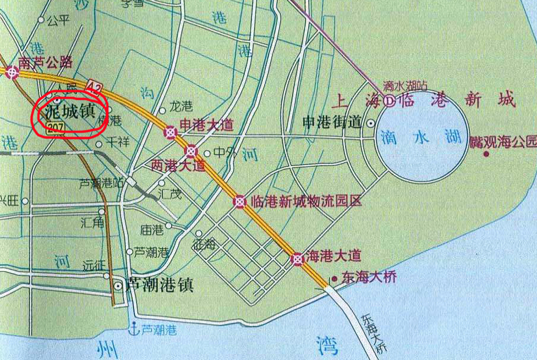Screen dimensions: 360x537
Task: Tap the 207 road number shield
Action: click(x=55, y=127)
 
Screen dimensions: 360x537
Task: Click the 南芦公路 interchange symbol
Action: click(x=12, y=72)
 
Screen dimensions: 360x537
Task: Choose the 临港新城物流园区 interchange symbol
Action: click(x=240, y=202)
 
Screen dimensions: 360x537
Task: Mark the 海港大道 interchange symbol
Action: click(x=296, y=259)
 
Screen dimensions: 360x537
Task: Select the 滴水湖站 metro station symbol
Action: click(x=389, y=99)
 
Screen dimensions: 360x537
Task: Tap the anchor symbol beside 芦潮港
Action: click(x=135, y=326)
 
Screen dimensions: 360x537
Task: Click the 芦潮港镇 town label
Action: click(x=158, y=284)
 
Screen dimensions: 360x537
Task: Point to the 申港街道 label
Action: click(x=332, y=122)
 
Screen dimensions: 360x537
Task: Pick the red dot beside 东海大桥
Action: click(x=335, y=279)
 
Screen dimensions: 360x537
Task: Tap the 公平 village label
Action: click(x=59, y=21)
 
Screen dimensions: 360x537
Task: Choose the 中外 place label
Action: click(x=225, y=152)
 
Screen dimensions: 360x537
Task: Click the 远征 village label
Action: click(x=92, y=265)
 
